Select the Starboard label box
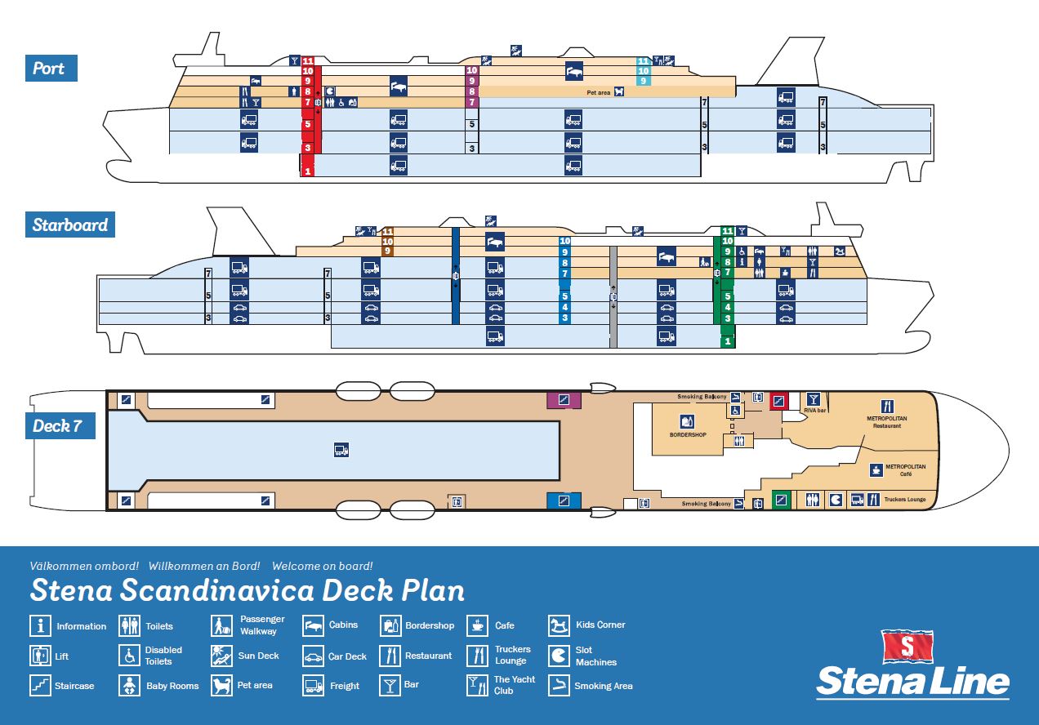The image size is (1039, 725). coord(70,225)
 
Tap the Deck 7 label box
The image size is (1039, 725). coord(59,426)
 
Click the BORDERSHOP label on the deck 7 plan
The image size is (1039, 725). coord(687,434)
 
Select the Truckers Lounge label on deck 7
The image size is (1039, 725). coord(906,499)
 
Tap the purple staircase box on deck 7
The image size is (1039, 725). coord(563,400)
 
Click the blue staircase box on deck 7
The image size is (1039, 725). coord(563,500)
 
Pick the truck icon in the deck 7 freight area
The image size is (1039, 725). coord(341,449)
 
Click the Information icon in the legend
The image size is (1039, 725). coord(40,626)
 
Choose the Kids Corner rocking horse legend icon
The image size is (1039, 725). coord(559,625)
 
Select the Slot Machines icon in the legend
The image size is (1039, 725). coord(559,656)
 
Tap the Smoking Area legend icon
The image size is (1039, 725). coord(559,686)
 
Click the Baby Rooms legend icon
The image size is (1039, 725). coord(131,686)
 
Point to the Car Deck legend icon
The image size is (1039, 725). coord(314,656)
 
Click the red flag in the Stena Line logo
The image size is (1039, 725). coord(907,647)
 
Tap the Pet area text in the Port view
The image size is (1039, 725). coord(598,93)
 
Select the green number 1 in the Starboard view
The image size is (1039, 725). coord(727,341)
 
